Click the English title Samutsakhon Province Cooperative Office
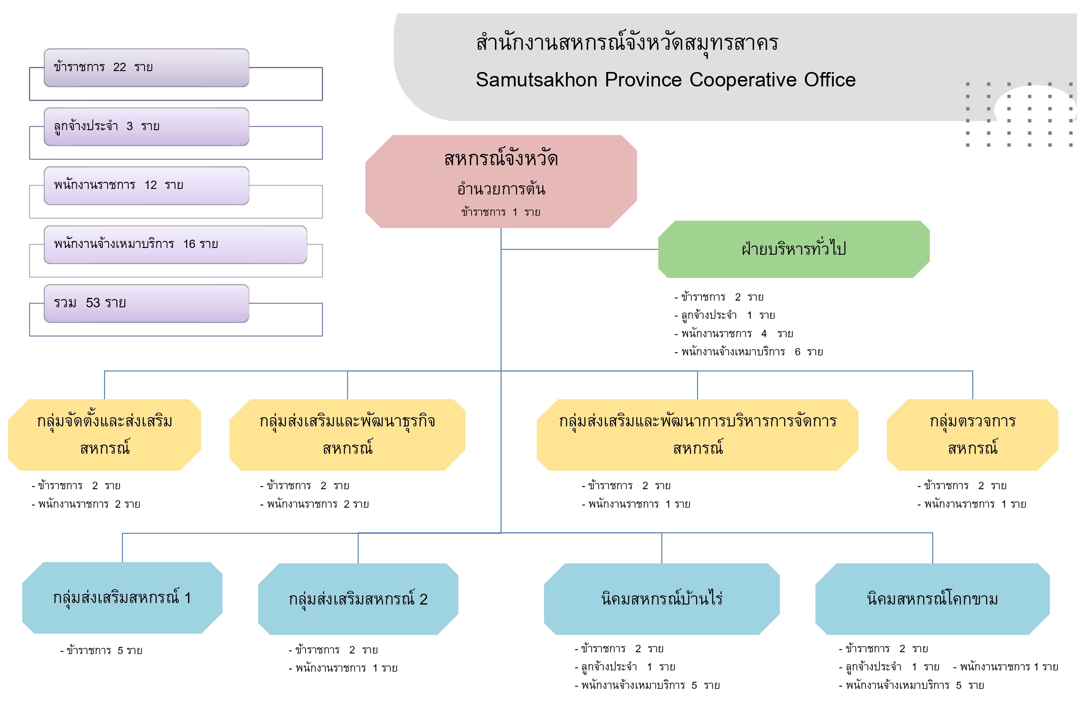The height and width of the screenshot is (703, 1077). pos(666,80)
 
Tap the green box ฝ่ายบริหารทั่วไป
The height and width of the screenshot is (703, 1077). pos(794,249)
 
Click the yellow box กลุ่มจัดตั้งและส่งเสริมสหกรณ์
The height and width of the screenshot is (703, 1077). pos(105,434)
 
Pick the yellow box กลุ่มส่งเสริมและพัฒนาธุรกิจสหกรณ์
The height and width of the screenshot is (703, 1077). pos(347,434)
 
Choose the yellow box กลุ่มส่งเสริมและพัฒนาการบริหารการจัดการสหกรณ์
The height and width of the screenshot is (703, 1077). pos(697,434)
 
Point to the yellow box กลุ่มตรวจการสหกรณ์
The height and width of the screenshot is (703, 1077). pos(972,434)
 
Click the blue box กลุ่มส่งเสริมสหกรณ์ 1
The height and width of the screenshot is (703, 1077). pos(122,598)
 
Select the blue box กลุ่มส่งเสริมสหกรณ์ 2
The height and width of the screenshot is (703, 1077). pos(358,599)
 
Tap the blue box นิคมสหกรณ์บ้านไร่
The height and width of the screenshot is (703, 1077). pos(662,599)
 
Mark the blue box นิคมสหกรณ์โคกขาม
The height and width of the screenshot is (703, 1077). pos(932,599)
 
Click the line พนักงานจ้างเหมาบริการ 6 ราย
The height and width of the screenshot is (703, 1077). pos(748,352)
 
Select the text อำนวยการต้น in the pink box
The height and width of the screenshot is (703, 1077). pos(501,189)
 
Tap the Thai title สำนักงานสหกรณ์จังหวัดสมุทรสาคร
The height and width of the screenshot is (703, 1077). pos(627,43)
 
